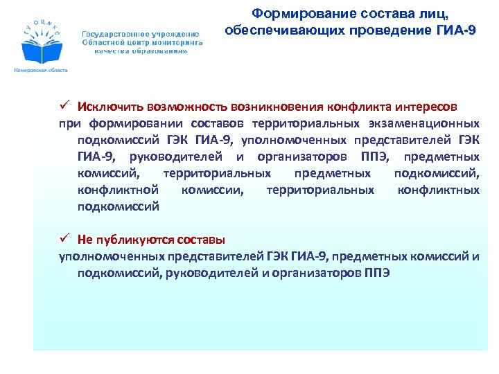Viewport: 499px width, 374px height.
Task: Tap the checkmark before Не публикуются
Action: coord(63,240)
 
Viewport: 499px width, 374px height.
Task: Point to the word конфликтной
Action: coord(119,190)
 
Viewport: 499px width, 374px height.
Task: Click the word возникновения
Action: coord(294,107)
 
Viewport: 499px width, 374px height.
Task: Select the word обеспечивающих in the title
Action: coord(277,31)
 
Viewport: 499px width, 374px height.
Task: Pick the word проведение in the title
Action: coord(372,31)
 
